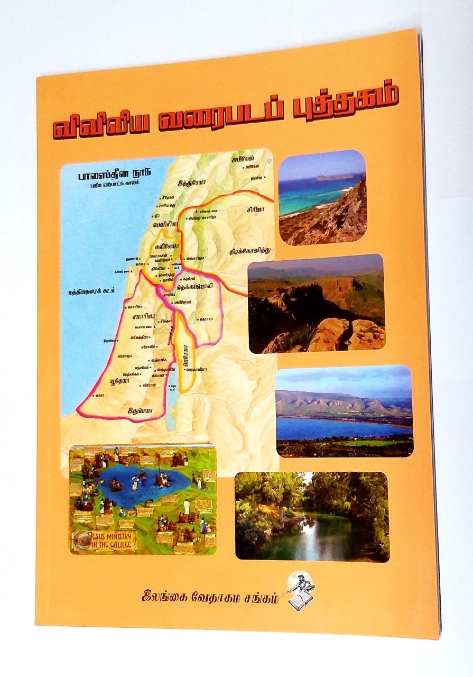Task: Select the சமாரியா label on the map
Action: [x=142, y=316]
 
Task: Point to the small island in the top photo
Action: [x=333, y=178]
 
